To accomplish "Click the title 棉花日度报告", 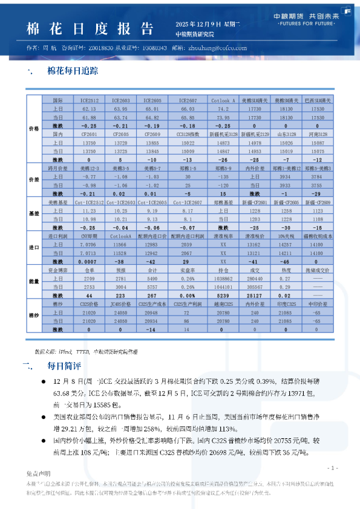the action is (88, 29).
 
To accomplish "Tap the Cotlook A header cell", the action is (223, 100).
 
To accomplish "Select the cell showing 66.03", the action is (189, 108).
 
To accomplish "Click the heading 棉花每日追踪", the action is (73, 71).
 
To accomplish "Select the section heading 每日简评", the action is (60, 365).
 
